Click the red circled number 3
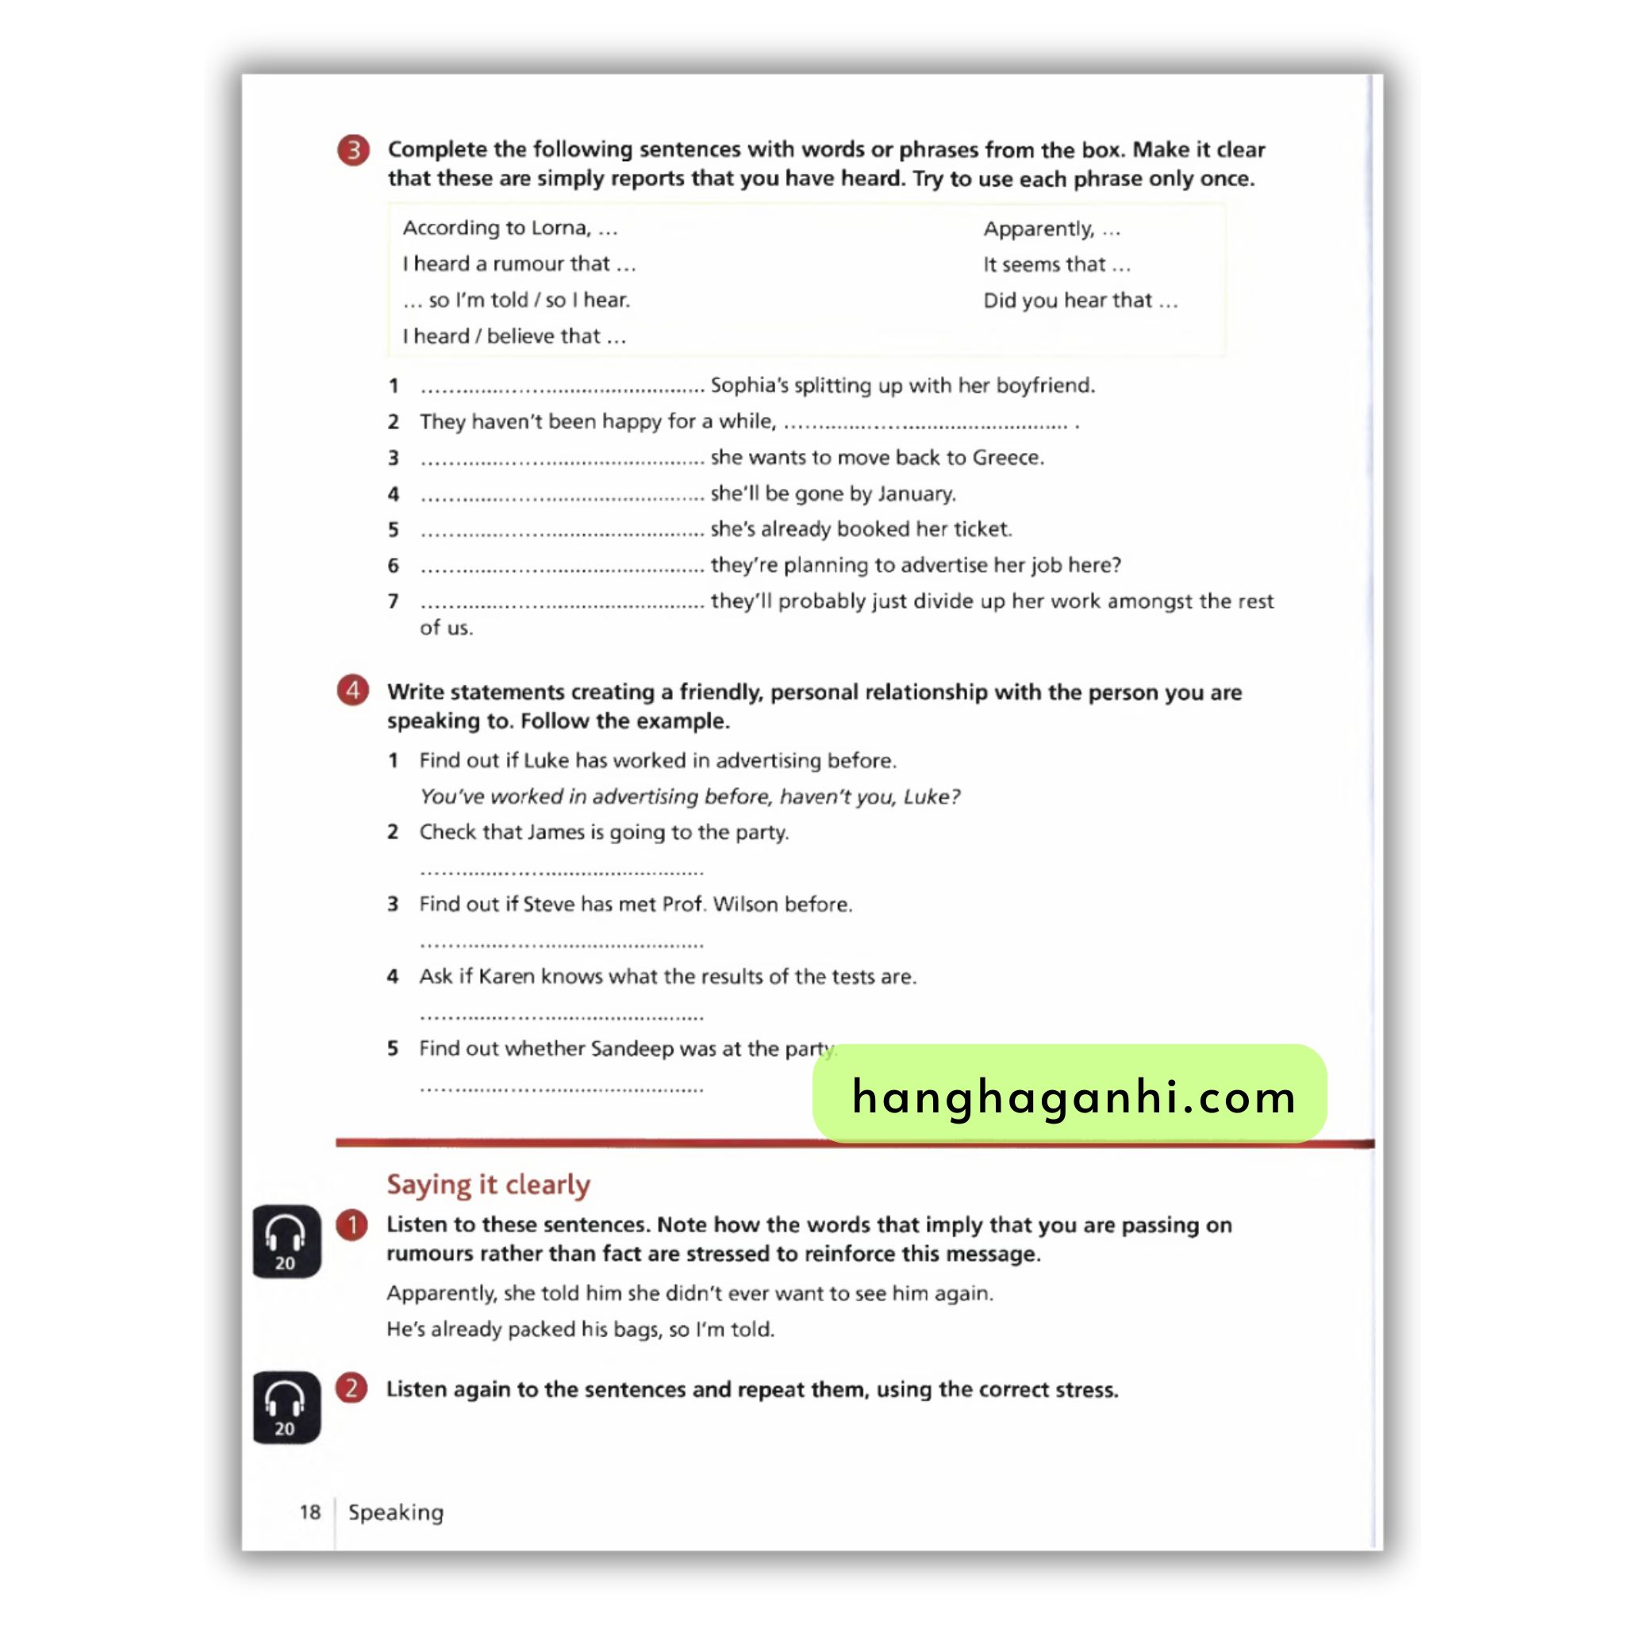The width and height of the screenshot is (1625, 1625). [x=353, y=151]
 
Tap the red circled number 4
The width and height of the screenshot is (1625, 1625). [x=353, y=690]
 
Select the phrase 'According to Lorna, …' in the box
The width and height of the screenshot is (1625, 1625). [x=509, y=228]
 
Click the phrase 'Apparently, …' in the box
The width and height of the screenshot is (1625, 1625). [x=1051, y=229]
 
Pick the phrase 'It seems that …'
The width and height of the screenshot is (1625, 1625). [x=1056, y=265]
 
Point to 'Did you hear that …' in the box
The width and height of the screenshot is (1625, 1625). [x=1080, y=301]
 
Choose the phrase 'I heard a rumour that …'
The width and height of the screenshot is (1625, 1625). [x=519, y=264]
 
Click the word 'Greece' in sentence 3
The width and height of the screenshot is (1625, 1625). [x=1007, y=458]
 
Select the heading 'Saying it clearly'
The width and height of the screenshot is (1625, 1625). [x=488, y=1185]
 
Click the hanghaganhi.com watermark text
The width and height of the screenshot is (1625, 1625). [x=1074, y=1097]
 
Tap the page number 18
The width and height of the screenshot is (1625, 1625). [x=310, y=1512]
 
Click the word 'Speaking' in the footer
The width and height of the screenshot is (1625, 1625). [x=396, y=1512]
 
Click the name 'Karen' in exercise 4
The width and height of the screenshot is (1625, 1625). [x=506, y=977]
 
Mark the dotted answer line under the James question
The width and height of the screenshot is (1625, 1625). [x=561, y=871]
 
